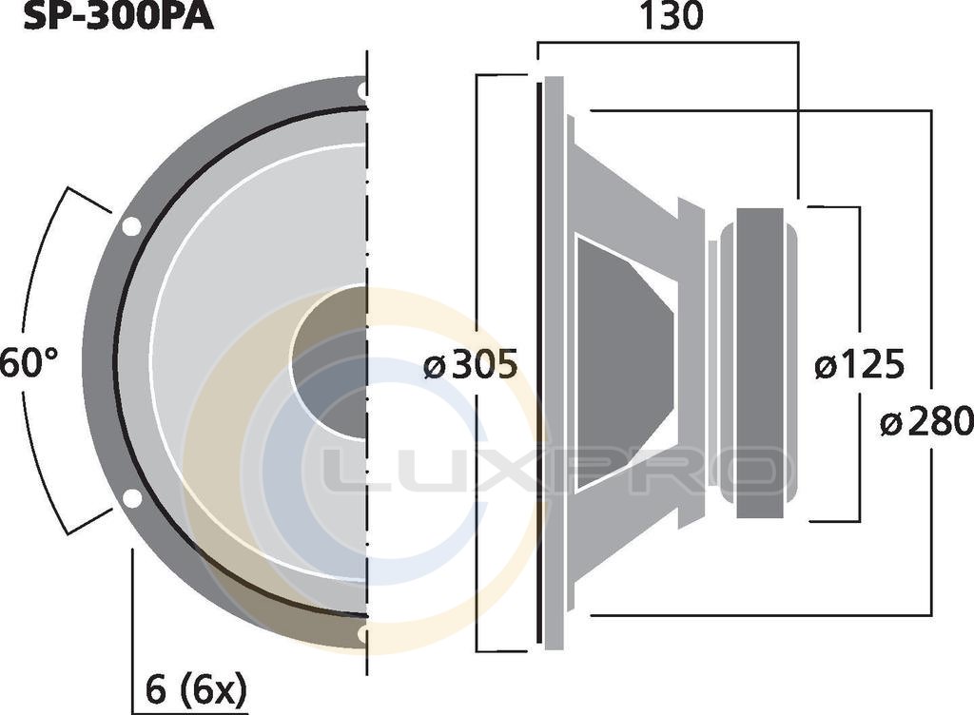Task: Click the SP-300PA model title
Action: (118, 17)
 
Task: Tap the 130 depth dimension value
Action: (671, 17)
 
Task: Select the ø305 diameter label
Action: (470, 364)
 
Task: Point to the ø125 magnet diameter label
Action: (859, 364)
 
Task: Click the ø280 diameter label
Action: (926, 422)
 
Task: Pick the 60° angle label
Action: (29, 363)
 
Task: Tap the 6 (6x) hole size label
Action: (196, 689)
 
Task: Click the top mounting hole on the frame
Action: (362, 91)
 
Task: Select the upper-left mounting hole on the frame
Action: (131, 226)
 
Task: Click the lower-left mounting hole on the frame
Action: (131, 498)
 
